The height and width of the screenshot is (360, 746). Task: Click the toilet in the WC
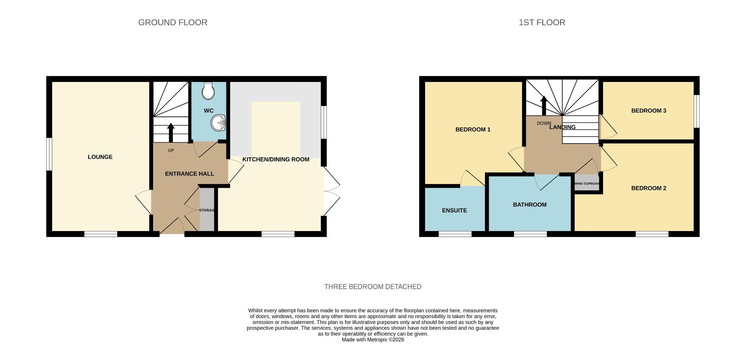pyautogui.click(x=209, y=91)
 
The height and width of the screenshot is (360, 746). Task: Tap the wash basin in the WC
pyautogui.click(x=218, y=123)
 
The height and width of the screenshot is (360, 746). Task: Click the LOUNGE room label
pyautogui.click(x=100, y=157)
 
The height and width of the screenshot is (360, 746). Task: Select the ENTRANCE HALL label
pyautogui.click(x=189, y=174)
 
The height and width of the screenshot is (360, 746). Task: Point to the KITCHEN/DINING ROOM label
pyautogui.click(x=275, y=159)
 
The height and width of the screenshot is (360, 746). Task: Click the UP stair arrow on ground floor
pyautogui.click(x=171, y=132)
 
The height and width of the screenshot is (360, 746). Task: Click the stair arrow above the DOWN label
pyautogui.click(x=544, y=105)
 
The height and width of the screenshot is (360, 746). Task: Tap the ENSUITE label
pyautogui.click(x=454, y=210)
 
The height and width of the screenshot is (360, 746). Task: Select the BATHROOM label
pyautogui.click(x=530, y=205)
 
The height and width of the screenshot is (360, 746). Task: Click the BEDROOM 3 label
pyautogui.click(x=648, y=111)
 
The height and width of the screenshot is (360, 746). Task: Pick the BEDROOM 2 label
pyautogui.click(x=648, y=188)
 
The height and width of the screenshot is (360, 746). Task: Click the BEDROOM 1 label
pyautogui.click(x=472, y=130)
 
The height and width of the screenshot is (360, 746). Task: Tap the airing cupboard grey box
pyautogui.click(x=587, y=183)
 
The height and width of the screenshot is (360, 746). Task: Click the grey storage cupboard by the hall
pyautogui.click(x=207, y=210)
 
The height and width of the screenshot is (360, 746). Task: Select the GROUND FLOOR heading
pyautogui.click(x=173, y=23)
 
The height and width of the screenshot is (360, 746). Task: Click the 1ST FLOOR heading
pyautogui.click(x=542, y=23)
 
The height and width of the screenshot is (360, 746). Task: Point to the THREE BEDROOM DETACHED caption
pyautogui.click(x=373, y=287)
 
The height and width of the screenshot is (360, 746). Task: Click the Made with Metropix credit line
pyautogui.click(x=373, y=339)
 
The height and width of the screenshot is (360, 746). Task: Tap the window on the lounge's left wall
pyautogui.click(x=49, y=154)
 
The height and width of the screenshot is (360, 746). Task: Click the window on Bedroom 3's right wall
pyautogui.click(x=697, y=111)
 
